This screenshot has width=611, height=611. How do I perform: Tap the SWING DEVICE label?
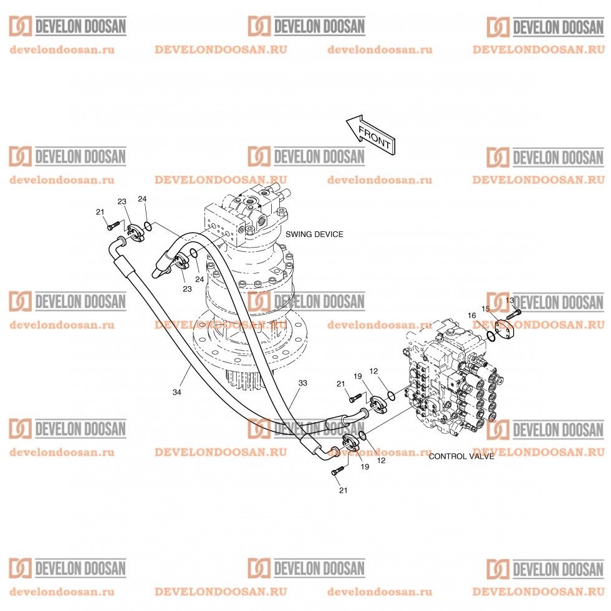[314, 234]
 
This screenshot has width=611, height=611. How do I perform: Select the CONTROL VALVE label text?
[461, 456]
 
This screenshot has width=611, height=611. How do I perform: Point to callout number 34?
[176, 392]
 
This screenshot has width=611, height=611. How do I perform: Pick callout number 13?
[510, 300]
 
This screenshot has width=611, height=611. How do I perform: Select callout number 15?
[485, 309]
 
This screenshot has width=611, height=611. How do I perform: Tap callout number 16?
[472, 315]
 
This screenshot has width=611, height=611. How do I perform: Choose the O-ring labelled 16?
[491, 337]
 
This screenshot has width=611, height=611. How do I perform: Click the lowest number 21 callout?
[342, 491]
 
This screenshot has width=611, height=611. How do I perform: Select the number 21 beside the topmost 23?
[100, 212]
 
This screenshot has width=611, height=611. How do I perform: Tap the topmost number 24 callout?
[142, 199]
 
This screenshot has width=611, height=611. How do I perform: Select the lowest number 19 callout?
[365, 466]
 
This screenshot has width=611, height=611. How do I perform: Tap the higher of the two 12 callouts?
[373, 371]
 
